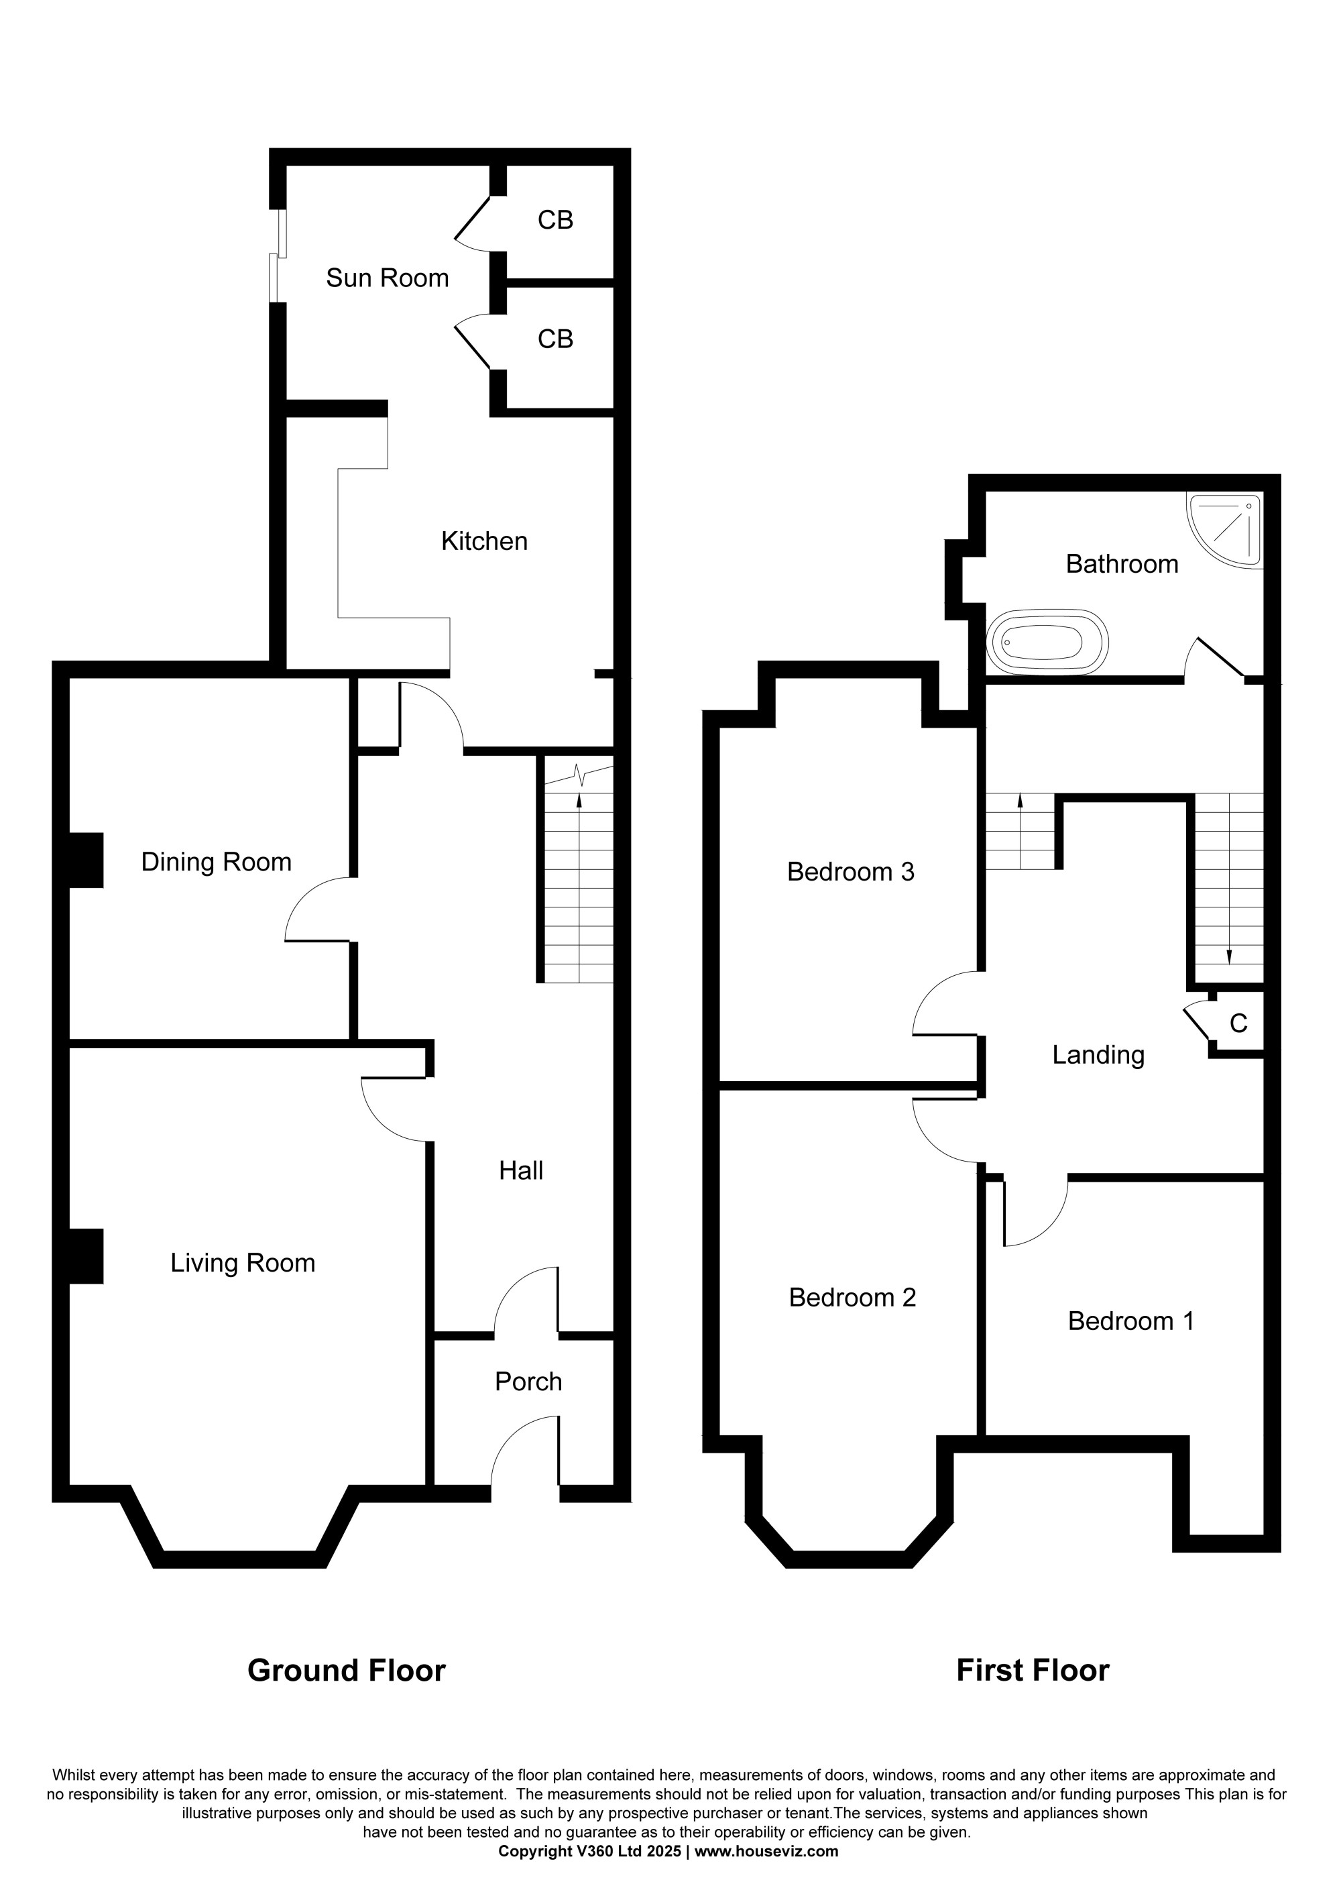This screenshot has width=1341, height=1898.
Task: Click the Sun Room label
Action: point(388,278)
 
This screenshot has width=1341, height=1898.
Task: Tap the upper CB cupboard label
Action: point(555,220)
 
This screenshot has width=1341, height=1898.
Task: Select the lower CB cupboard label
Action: point(555,339)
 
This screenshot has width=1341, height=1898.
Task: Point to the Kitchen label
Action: point(484,541)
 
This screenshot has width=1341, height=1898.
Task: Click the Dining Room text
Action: point(217,862)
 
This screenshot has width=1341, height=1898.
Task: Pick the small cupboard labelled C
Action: point(1238,1023)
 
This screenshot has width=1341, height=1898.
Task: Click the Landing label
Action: point(1098,1055)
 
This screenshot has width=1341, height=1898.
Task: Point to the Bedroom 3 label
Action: point(851,872)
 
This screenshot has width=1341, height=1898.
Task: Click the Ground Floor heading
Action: point(347,1671)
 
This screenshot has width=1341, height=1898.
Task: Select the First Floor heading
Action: point(1033,1671)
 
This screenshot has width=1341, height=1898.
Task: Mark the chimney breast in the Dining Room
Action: point(86,860)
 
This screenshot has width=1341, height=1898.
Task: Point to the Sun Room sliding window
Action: point(278,256)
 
